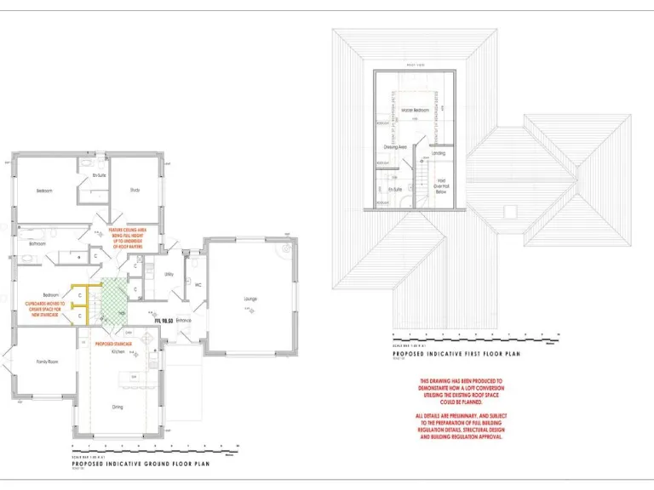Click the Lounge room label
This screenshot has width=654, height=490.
click(x=250, y=299)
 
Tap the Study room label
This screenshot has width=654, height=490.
click(x=135, y=190)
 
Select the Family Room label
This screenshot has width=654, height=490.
click(x=47, y=362)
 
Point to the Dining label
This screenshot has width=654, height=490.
click(x=118, y=407)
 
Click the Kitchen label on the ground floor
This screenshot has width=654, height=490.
click(x=118, y=350)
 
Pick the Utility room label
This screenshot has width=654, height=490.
click(x=169, y=274)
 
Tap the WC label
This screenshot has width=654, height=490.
click(x=197, y=284)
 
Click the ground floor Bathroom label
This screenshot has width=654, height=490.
click(x=37, y=243)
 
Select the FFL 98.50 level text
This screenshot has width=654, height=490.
click(x=163, y=320)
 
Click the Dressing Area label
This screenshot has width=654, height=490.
click(x=394, y=147)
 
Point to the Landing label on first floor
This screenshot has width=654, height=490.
click(x=439, y=153)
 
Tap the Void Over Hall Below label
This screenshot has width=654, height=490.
click(x=441, y=185)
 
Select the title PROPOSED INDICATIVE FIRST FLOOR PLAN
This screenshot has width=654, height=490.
click(x=455, y=353)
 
